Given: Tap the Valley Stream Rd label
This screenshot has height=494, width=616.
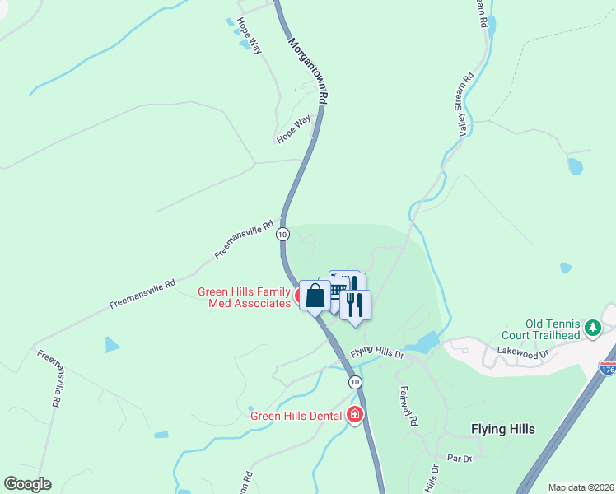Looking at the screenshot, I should [x=466, y=105].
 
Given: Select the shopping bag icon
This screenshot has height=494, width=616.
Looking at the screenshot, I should [x=315, y=296].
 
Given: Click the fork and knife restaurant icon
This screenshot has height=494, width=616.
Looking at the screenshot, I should [x=355, y=305].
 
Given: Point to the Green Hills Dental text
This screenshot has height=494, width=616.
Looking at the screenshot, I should [x=296, y=416].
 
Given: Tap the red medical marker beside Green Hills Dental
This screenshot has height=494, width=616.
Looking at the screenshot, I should [x=355, y=414].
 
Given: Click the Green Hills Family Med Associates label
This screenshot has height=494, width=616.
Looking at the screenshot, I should [x=244, y=297].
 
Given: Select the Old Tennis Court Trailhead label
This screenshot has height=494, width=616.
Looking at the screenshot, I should [x=542, y=329].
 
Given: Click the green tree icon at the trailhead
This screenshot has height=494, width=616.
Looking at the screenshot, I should [x=592, y=329].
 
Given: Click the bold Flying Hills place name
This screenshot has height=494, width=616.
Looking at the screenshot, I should [x=502, y=429].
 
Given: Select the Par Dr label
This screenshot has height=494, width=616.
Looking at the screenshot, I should [x=459, y=458].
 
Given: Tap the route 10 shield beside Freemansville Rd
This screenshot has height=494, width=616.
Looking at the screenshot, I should [x=283, y=234].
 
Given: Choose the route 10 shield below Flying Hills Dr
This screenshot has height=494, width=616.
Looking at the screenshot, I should [x=354, y=382].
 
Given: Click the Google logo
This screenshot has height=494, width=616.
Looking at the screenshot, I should [x=27, y=484].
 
